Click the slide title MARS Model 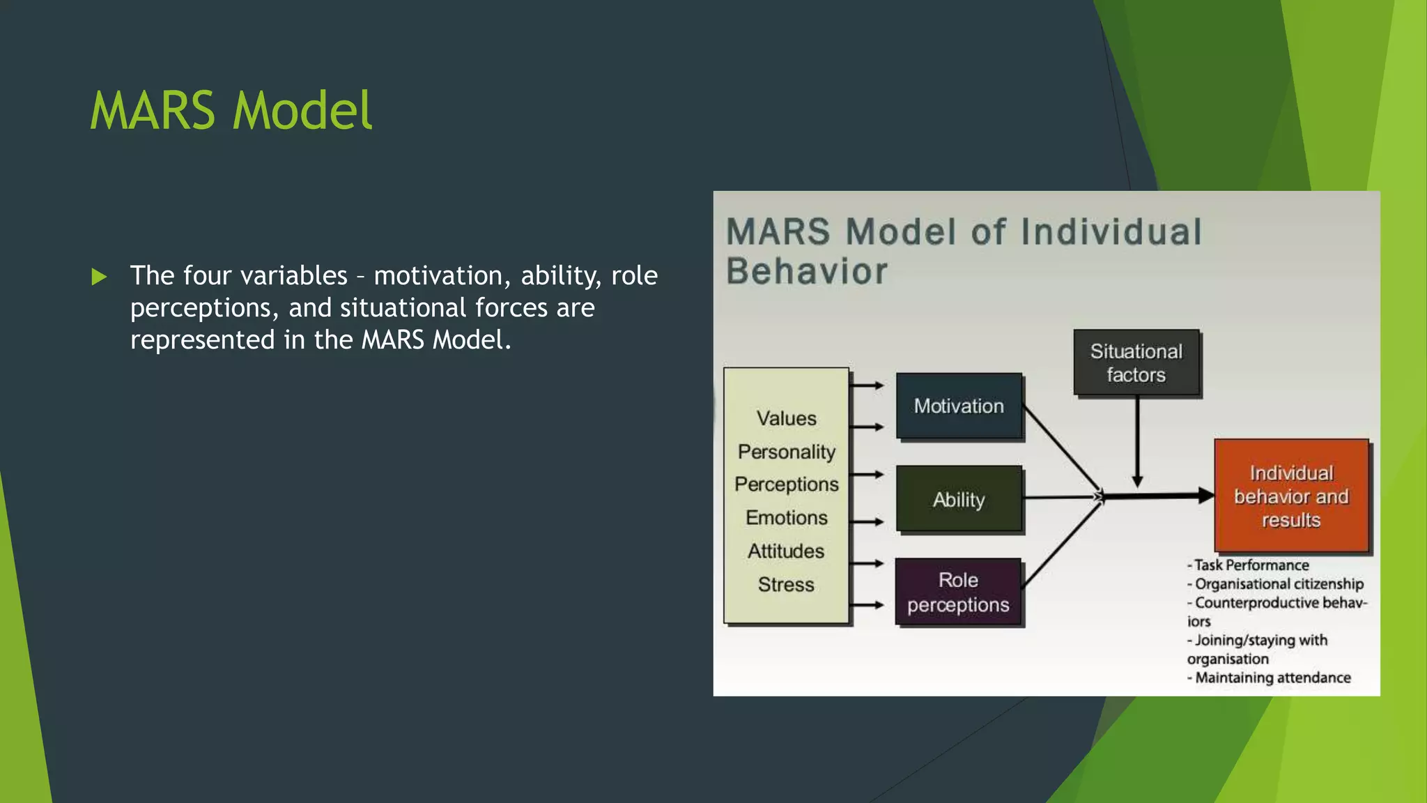click(231, 111)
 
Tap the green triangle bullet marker click(99, 277)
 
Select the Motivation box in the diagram click(959, 406)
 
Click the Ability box click(959, 499)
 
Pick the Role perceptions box click(958, 592)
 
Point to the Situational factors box click(1136, 362)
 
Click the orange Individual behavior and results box click(1291, 496)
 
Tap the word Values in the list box click(786, 418)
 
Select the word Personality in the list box click(786, 452)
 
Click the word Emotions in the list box click(786, 517)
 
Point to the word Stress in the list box click(786, 584)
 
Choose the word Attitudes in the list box click(786, 551)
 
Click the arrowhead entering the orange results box click(1206, 496)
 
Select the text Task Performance click(1251, 565)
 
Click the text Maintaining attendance click(1272, 678)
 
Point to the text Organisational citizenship click(1279, 584)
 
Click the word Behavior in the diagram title click(807, 271)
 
